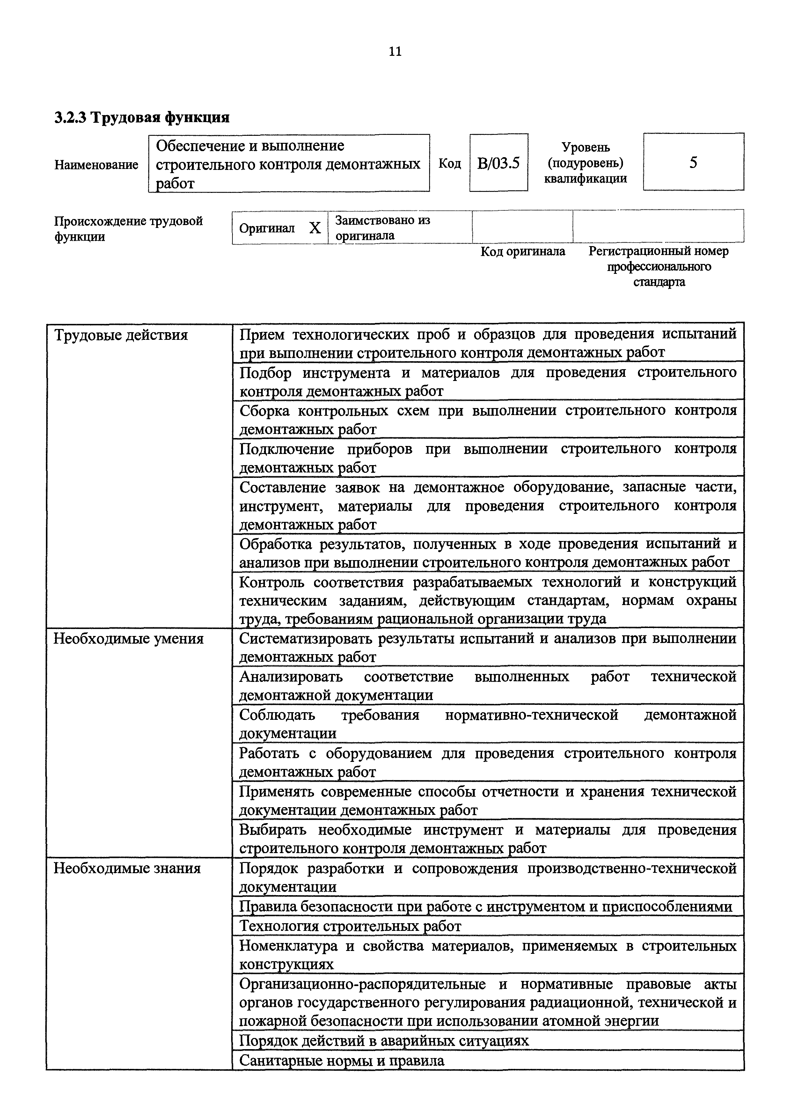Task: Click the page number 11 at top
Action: [x=395, y=51]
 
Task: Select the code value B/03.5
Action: [x=498, y=163]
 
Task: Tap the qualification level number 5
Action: [x=693, y=162]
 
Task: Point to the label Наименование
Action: [x=96, y=164]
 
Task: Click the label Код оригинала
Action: [x=523, y=251]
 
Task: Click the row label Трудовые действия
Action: [x=121, y=335]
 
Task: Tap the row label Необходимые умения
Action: [x=128, y=638]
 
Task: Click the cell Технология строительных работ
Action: [x=350, y=926]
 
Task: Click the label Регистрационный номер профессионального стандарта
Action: [x=658, y=267]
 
